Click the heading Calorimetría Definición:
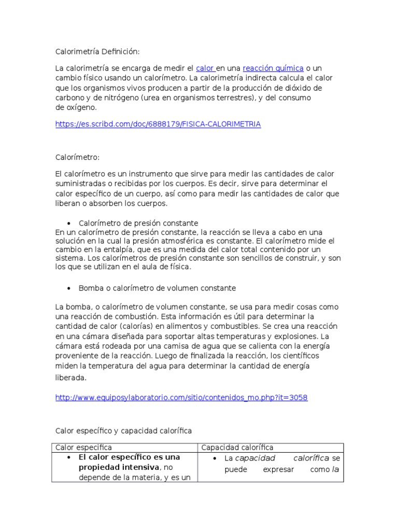click(x=97, y=51)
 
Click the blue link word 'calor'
click(x=205, y=68)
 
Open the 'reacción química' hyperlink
click(x=273, y=68)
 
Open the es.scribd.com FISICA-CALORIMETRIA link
click(x=158, y=124)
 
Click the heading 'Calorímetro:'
click(x=77, y=157)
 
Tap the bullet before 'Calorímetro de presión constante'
click(x=68, y=223)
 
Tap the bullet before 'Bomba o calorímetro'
click(x=68, y=288)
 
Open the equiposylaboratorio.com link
click(x=181, y=398)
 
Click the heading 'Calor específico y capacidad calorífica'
click(x=123, y=431)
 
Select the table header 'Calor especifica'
click(x=83, y=448)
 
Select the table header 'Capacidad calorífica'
click(x=237, y=448)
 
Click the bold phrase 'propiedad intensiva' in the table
click(x=119, y=467)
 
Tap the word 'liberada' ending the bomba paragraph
click(x=71, y=378)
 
